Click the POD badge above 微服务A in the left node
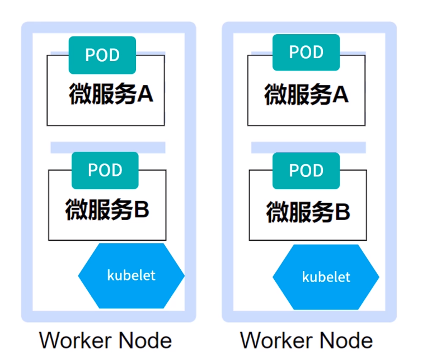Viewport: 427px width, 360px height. [x=102, y=55]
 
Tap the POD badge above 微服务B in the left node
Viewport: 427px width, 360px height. [x=105, y=170]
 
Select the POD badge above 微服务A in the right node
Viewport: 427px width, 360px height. [x=306, y=52]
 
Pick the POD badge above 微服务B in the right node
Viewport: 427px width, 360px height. [x=306, y=170]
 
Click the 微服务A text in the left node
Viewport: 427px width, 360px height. [x=111, y=94]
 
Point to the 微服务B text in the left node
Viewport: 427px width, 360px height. [x=107, y=210]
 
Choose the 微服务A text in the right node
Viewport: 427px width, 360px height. [x=306, y=94]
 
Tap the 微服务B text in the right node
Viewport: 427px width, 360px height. [x=308, y=212]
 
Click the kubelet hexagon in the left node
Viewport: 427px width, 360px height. [x=132, y=275]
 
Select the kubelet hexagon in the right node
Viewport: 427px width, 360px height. [x=326, y=277]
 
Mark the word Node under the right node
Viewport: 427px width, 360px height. [x=348, y=340]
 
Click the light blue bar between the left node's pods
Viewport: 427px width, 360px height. [x=107, y=147]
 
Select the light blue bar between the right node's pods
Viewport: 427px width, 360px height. [x=308, y=147]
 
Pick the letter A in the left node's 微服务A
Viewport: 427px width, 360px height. [x=145, y=94]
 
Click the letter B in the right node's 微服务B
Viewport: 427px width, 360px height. [x=342, y=212]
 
